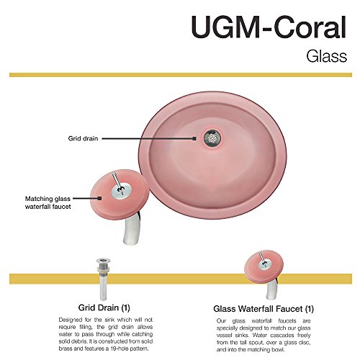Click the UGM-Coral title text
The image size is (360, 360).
coord(269,27)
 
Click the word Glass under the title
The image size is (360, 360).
coord(327,56)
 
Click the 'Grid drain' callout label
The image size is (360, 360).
coord(83,138)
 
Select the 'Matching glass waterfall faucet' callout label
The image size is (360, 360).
coord(48,202)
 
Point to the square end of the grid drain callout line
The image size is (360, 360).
coord(194,138)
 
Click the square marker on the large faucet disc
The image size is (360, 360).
coord(99,198)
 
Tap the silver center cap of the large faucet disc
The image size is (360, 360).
coord(121,191)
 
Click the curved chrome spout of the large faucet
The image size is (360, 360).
coord(131,228)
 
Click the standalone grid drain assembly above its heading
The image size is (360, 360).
coord(104,279)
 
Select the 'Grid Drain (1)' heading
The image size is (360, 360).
coord(104,307)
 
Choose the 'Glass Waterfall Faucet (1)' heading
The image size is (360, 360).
coord(264,309)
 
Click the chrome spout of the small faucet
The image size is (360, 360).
coord(271,290)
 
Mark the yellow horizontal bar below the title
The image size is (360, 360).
coord(181,75)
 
